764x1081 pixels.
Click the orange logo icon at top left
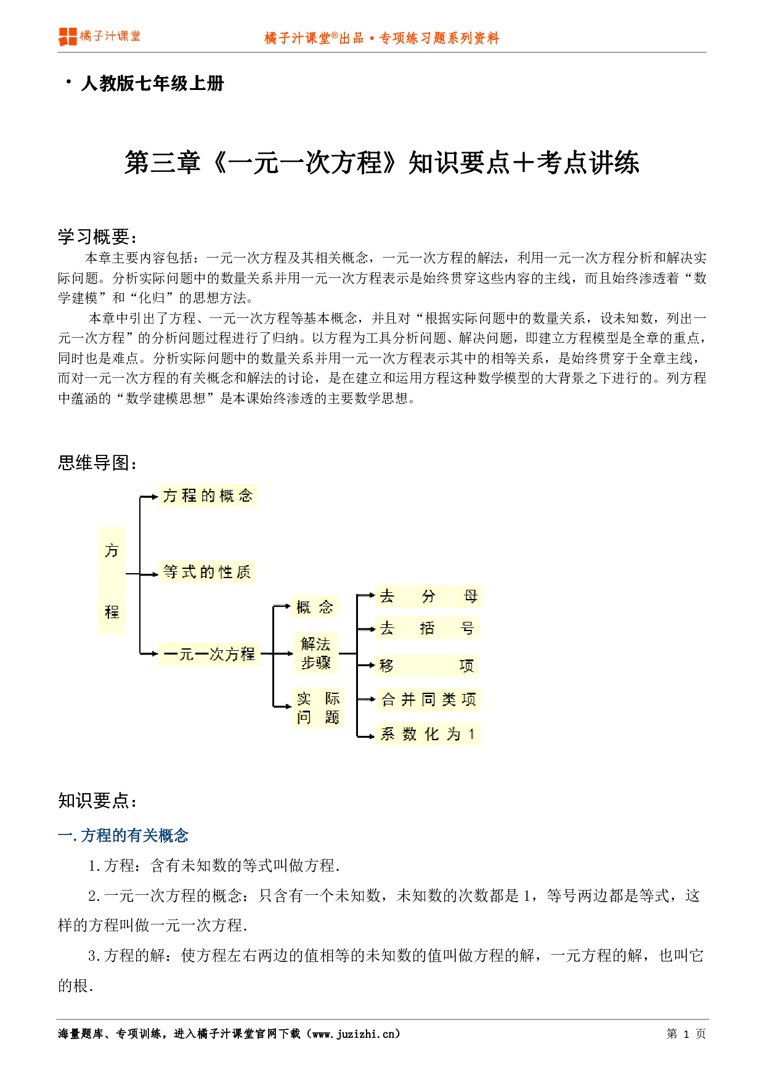click(x=68, y=36)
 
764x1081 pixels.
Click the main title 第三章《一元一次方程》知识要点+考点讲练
click(x=382, y=163)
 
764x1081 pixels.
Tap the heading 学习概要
click(x=97, y=237)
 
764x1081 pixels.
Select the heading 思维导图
click(x=97, y=463)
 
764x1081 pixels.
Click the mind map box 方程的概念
click(x=208, y=496)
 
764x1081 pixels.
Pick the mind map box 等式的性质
click(x=207, y=572)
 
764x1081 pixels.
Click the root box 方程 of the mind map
click(x=112, y=581)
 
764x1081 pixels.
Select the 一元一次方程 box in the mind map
click(x=209, y=654)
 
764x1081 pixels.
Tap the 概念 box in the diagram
click(x=315, y=607)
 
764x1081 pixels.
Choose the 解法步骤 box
click(x=315, y=653)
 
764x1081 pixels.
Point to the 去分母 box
click(x=428, y=596)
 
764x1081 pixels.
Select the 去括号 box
click(x=427, y=628)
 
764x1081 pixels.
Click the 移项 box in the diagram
click(x=427, y=666)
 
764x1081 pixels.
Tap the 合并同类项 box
click(x=428, y=700)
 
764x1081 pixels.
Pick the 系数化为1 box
click(x=428, y=734)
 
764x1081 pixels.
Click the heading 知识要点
click(x=97, y=801)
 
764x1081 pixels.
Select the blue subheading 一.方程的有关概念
click(x=123, y=836)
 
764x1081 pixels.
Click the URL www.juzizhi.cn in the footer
click(x=356, y=1034)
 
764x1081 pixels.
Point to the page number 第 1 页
click(x=686, y=1034)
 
